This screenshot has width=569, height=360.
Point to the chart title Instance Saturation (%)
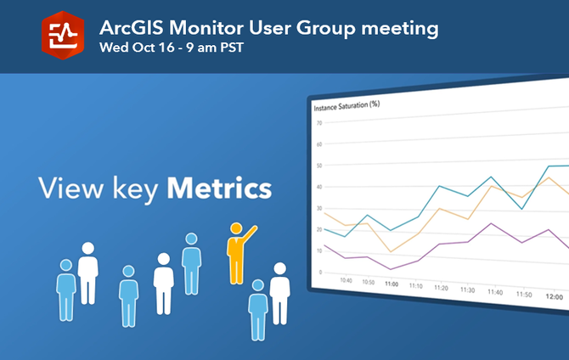point(346,108)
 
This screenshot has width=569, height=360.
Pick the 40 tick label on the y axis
point(319,188)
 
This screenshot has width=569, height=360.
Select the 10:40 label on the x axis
point(346,280)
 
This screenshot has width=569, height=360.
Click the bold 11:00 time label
point(392,284)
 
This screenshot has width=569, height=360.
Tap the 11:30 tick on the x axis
point(466,290)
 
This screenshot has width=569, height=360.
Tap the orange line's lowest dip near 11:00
point(390,251)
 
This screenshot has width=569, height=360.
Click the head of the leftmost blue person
point(66,267)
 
